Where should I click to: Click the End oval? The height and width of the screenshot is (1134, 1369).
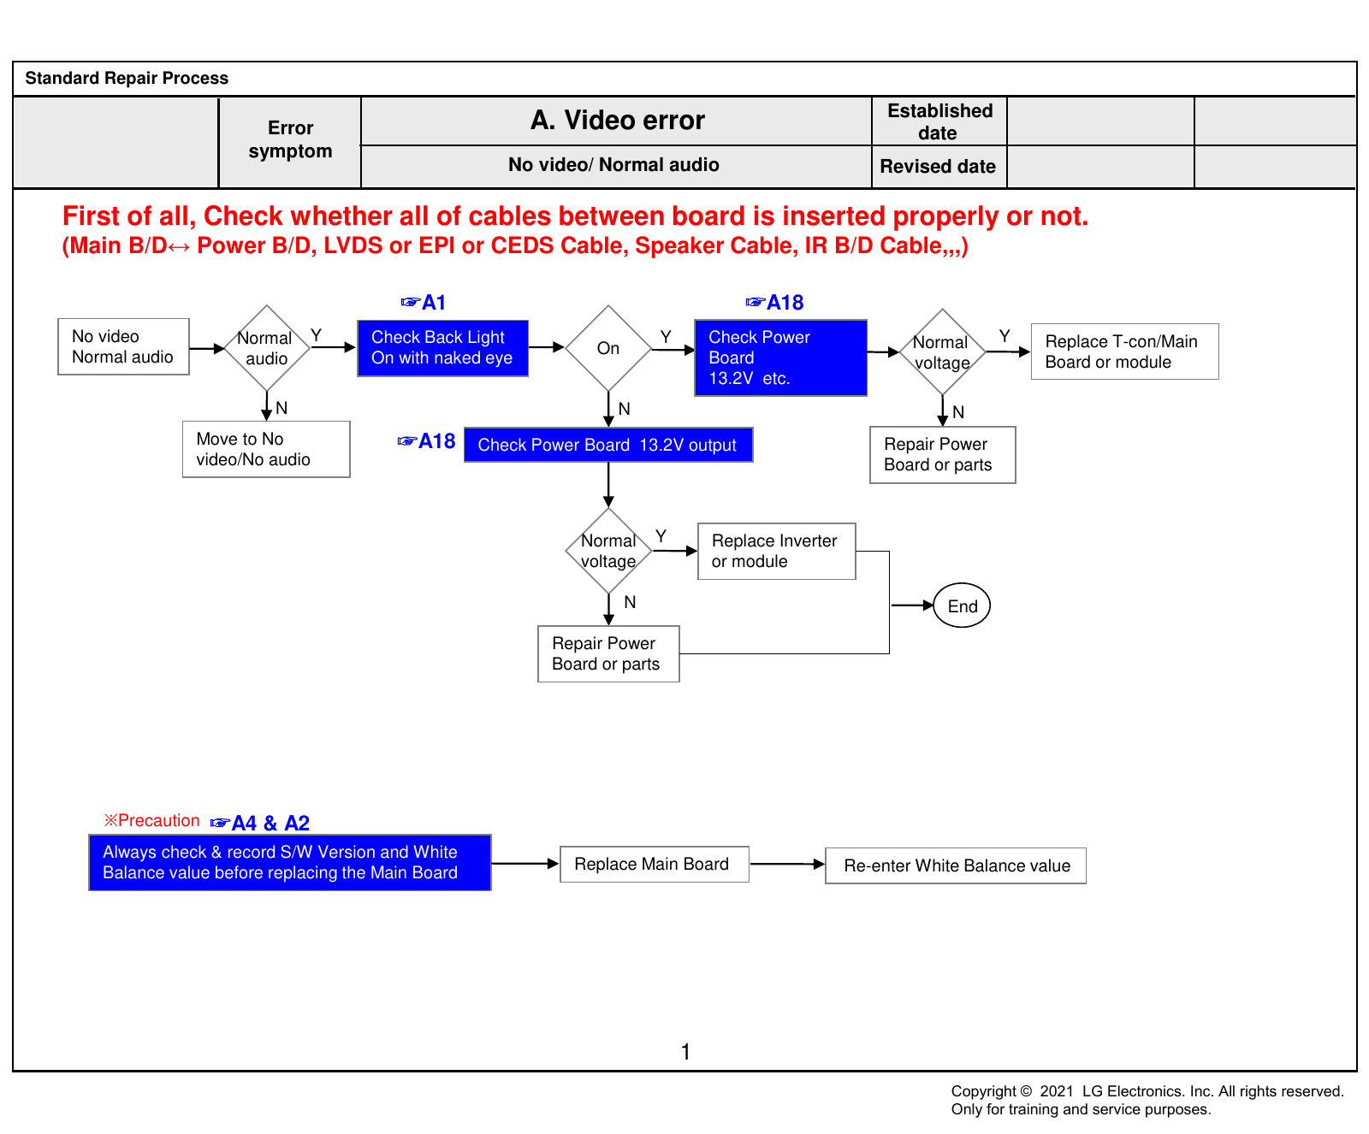coord(962,605)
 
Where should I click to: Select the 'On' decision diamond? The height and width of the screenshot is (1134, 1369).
coord(608,348)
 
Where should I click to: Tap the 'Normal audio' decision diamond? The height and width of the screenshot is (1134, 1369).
coord(267,348)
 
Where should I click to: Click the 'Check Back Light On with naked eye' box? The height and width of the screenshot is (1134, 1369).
coord(442,348)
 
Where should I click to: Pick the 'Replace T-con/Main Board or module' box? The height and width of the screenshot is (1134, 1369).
coord(1124,351)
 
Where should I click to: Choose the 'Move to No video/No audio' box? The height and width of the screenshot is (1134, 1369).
coord(266,449)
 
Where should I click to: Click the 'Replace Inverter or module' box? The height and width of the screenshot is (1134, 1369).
coord(776,552)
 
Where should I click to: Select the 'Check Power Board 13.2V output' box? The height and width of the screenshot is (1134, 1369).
coord(608,445)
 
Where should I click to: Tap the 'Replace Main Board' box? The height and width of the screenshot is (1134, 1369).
coord(655,865)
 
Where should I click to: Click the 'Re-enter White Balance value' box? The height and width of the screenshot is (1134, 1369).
coord(956,865)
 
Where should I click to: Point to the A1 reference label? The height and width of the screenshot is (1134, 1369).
coord(424,303)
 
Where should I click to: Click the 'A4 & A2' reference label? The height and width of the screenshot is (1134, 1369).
coord(260,823)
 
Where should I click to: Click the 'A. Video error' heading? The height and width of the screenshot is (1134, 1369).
coord(617,121)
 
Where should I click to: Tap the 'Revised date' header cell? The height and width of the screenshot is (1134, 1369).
coord(939,167)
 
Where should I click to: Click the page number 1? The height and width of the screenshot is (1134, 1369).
coord(685,1052)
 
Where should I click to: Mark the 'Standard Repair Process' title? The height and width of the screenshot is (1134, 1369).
coord(127,78)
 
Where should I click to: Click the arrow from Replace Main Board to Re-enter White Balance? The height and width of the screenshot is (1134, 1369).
coord(787,865)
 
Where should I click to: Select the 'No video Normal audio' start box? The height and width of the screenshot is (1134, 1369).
coord(123,346)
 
